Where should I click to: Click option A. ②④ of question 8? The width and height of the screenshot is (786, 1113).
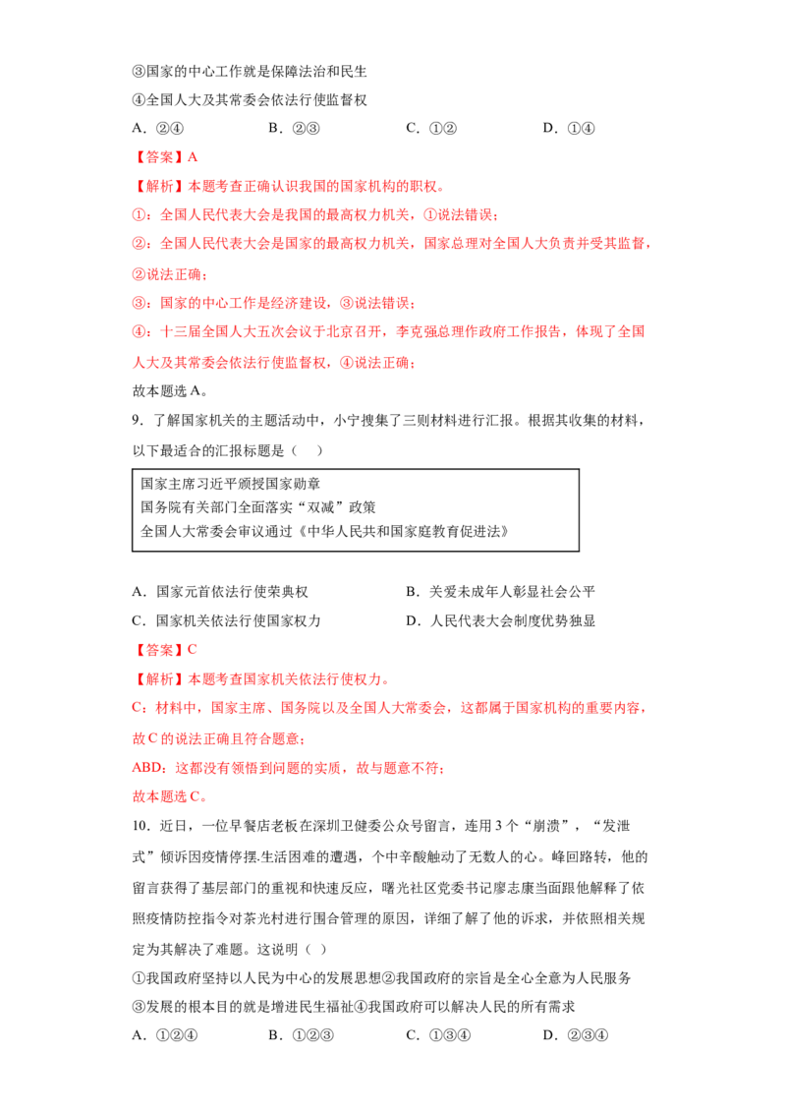(157, 129)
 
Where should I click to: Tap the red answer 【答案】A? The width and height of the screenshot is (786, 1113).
(165, 157)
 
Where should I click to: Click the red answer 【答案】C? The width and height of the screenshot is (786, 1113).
(165, 650)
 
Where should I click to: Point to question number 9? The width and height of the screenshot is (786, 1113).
(138, 420)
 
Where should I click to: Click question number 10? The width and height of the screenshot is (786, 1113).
(140, 826)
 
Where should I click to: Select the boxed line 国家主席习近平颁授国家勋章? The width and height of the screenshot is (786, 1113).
(231, 484)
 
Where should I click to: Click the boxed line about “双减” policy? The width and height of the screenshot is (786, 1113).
(258, 507)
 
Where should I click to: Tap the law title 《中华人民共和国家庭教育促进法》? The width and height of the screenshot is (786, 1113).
(402, 532)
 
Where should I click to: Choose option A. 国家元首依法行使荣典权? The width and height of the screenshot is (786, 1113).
(220, 592)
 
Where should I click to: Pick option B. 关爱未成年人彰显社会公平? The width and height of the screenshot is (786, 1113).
(501, 592)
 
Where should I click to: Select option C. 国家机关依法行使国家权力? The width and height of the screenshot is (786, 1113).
(226, 621)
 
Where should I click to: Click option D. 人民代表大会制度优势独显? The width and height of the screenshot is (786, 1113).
(501, 621)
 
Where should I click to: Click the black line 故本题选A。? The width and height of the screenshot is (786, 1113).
(170, 391)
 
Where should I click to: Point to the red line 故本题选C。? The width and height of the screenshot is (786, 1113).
(170, 796)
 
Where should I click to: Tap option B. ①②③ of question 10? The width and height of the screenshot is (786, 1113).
(301, 1035)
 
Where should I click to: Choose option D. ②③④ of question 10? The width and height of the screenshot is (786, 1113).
(576, 1035)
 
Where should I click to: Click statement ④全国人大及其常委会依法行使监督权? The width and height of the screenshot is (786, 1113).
(250, 100)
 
